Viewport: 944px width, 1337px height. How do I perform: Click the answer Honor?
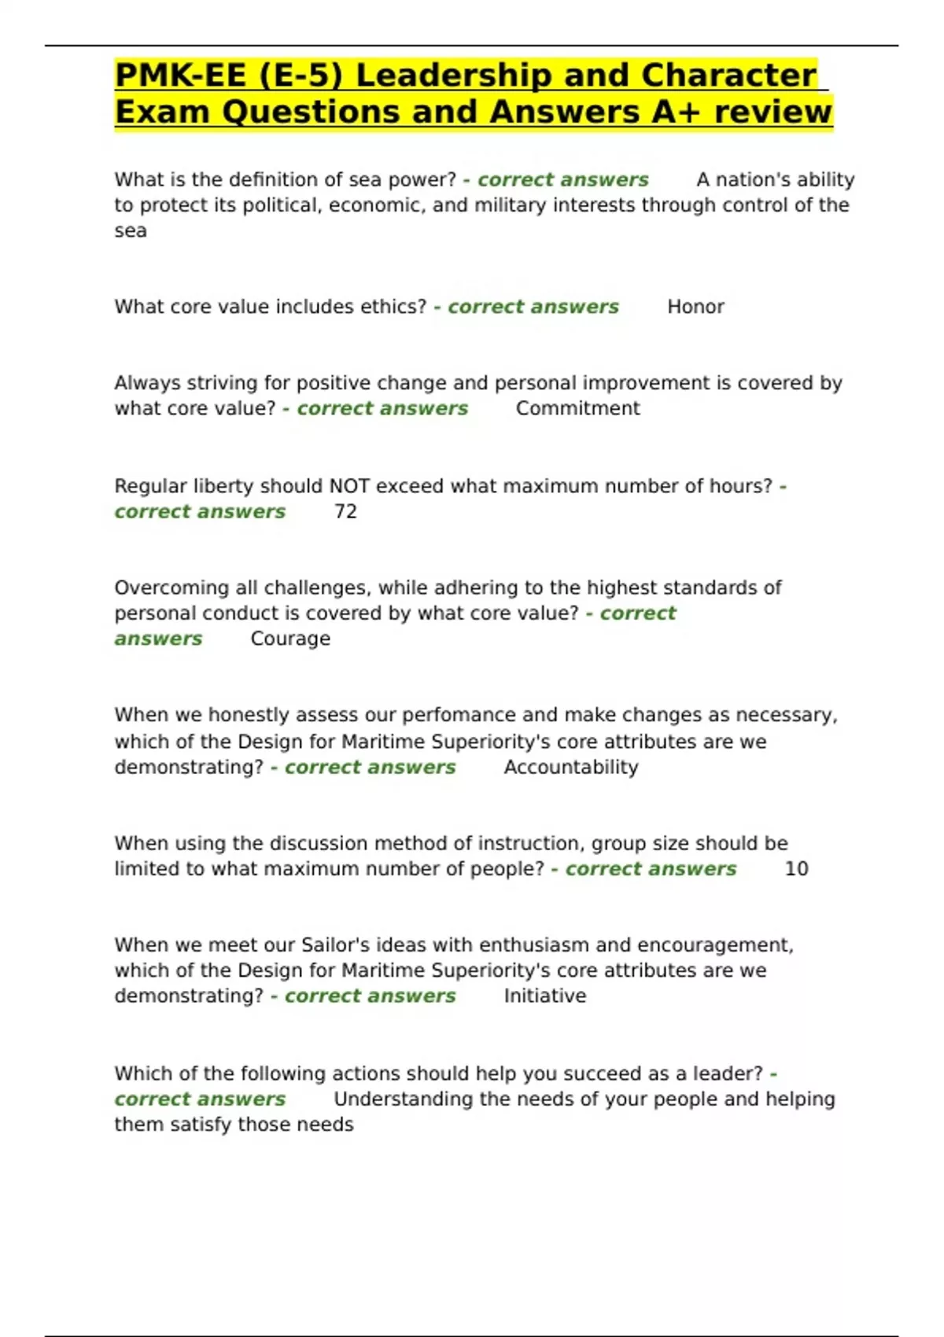point(695,307)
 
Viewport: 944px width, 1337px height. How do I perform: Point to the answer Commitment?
point(577,409)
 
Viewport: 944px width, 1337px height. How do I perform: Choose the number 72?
point(345,512)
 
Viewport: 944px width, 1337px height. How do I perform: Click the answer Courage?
point(290,639)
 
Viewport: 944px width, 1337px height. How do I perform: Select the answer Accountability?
point(570,768)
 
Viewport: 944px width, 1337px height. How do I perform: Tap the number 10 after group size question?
point(796,869)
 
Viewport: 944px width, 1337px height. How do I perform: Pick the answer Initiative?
point(544,996)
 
